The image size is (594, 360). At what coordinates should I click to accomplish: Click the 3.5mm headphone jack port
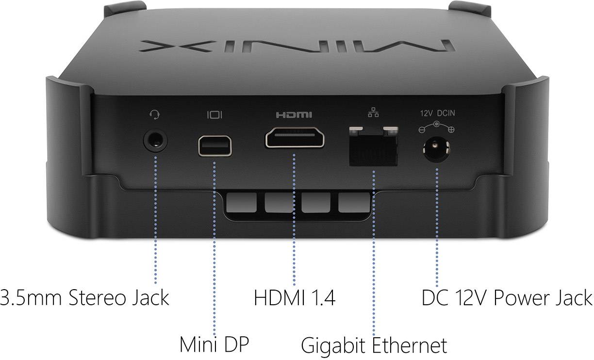[x=156, y=141]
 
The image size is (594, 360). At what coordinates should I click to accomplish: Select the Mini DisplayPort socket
[x=215, y=146]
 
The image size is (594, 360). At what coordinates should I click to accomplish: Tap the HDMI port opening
[x=295, y=138]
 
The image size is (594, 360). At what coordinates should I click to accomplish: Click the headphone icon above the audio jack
[x=155, y=115]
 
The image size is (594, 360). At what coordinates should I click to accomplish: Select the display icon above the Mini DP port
[x=215, y=115]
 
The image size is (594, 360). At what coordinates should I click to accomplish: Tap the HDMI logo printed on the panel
[x=294, y=115]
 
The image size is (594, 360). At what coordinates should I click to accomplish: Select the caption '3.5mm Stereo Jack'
[x=84, y=297]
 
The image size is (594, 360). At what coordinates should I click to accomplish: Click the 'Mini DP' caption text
[x=214, y=344]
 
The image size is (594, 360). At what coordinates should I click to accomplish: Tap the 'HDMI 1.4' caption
[x=295, y=297]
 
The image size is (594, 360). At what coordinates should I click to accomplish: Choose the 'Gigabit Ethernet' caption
[x=374, y=345]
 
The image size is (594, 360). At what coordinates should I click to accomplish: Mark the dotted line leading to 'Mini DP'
[x=215, y=243]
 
